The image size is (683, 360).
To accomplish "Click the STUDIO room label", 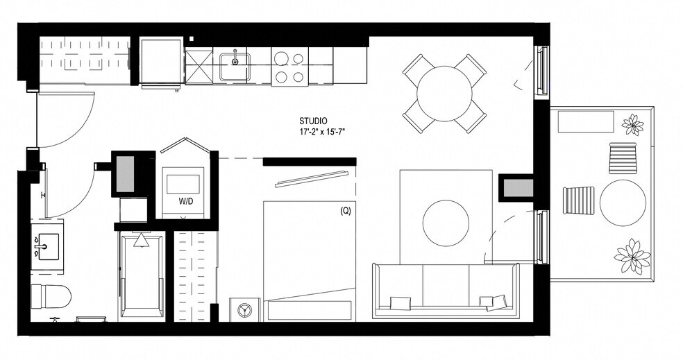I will [x=313, y=121].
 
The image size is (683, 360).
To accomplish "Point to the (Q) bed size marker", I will [x=345, y=212].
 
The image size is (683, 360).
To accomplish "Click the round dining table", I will [x=444, y=93].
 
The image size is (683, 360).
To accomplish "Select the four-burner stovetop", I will [x=289, y=67].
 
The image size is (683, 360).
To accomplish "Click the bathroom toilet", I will [x=52, y=297].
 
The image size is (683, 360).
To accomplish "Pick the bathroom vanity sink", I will [x=47, y=246].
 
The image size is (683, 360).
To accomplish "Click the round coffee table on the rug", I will [x=446, y=223].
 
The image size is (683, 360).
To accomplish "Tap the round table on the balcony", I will [x=623, y=203].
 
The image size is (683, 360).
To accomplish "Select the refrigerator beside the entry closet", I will [x=161, y=62].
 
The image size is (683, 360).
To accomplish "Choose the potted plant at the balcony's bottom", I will [x=632, y=257].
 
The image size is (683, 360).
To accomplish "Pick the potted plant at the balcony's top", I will [x=632, y=125].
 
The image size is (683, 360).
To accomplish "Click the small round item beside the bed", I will [x=244, y=309].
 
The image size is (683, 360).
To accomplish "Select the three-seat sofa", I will [x=445, y=290].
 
